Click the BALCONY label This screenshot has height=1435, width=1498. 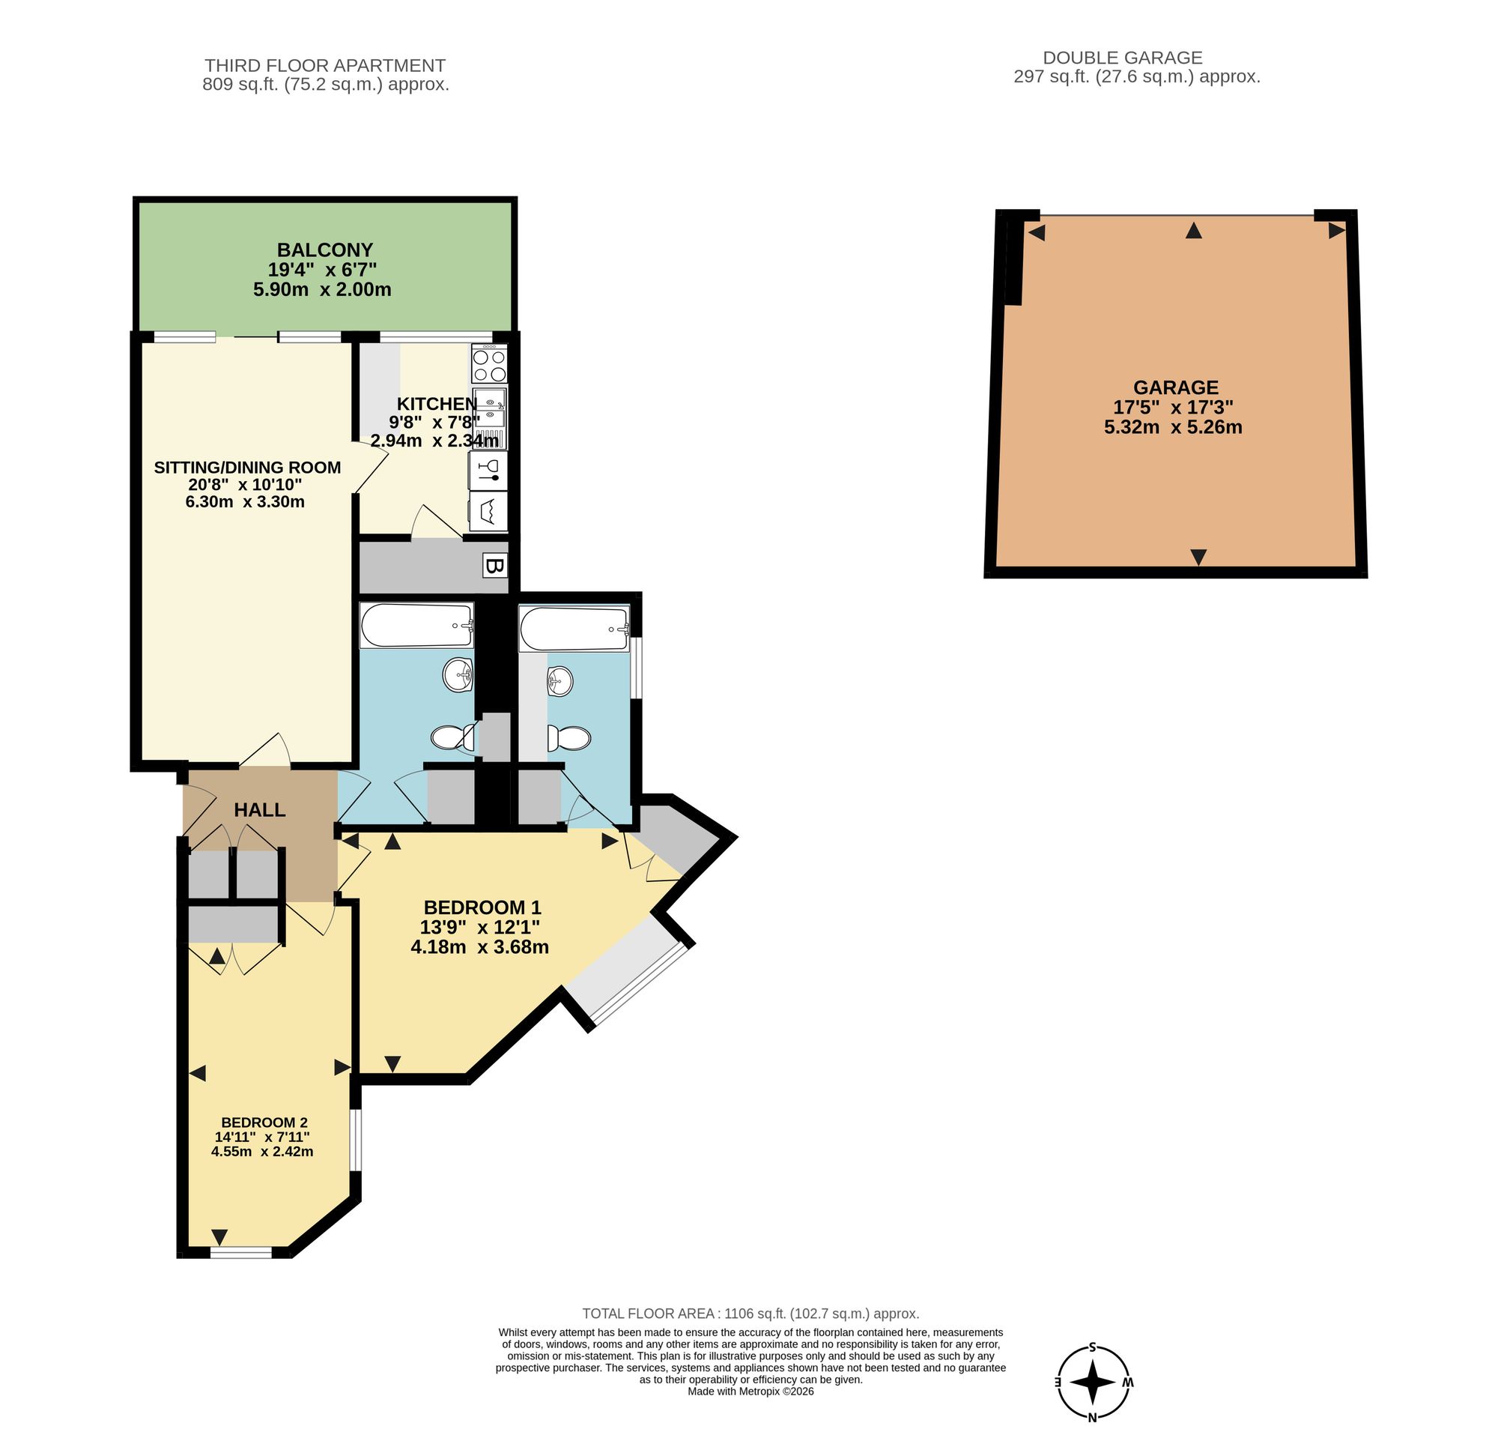point(325,250)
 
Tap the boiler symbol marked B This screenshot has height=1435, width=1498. point(495,567)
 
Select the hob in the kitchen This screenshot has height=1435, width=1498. point(490,365)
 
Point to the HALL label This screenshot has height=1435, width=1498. point(260,810)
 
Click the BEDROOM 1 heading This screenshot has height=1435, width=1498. point(482,907)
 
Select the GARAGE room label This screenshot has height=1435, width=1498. point(1174,387)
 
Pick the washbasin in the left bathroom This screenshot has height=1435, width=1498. point(458,674)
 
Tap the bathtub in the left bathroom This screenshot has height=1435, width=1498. point(416,626)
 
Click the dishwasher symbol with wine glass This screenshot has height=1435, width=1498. point(488,470)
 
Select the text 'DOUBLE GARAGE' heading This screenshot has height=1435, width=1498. point(1123,58)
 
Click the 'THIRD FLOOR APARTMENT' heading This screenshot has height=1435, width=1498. point(325,66)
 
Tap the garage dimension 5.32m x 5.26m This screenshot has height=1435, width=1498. point(1173,427)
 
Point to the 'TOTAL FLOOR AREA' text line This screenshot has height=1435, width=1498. point(750,1314)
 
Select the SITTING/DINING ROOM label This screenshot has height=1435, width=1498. point(248,467)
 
